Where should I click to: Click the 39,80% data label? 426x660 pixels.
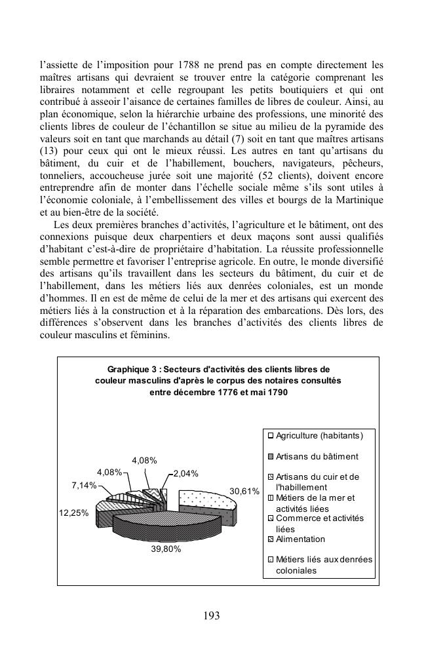(166, 549)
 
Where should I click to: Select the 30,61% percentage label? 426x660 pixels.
(244, 491)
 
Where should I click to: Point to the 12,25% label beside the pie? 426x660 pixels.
(73, 513)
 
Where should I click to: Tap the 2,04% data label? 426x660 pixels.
(185, 473)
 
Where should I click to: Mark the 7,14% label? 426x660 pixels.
(84, 486)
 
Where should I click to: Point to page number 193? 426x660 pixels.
(212, 615)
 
